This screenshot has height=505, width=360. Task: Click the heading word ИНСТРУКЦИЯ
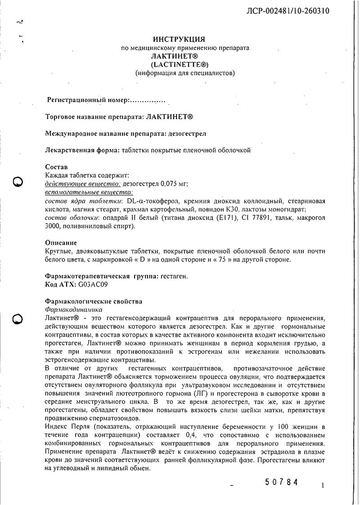[185, 40]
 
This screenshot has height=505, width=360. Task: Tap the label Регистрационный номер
[88, 100]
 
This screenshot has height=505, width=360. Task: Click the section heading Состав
[57, 167]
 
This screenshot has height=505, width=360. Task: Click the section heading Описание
[61, 243]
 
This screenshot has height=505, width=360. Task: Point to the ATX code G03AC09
[93, 285]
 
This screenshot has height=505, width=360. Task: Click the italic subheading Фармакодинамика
[74, 310]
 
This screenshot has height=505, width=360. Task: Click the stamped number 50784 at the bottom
[282, 482]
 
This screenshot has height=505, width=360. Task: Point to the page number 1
[323, 486]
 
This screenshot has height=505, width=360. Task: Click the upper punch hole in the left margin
[18, 182]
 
